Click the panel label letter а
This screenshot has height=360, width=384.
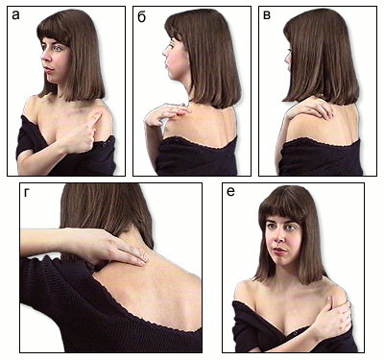(15, 15)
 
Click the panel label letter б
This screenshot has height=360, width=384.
(141, 16)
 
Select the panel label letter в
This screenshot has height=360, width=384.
(267, 15)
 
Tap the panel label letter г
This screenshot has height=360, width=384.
(28, 193)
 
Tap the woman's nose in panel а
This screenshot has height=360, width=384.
(46, 58)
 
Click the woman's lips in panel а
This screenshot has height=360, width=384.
(49, 69)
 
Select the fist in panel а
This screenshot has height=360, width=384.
(79, 139)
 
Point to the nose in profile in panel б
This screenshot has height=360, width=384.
(164, 51)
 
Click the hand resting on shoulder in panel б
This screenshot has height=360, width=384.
(165, 114)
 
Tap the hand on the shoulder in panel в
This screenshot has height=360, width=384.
(310, 108)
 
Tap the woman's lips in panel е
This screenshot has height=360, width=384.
(279, 251)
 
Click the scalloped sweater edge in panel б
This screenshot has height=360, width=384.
(200, 142)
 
